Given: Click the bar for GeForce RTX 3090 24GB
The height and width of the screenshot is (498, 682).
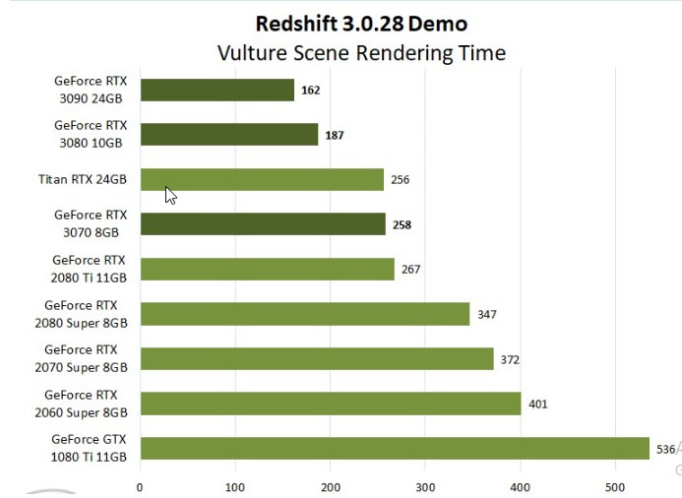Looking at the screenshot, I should (217, 91).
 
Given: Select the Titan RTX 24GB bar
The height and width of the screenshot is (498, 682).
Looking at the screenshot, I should (262, 179).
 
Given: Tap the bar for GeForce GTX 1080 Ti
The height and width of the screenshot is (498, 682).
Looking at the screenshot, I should (395, 449).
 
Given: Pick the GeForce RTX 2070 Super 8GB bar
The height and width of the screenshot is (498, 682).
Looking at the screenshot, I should (316, 359).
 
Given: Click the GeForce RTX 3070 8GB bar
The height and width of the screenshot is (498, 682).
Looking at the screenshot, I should (263, 224).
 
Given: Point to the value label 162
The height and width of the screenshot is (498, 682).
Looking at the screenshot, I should (311, 91).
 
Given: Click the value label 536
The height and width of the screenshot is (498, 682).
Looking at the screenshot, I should (665, 450).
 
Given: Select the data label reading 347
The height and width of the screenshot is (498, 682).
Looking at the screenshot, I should (486, 315).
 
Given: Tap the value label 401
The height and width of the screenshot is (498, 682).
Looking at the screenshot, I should (537, 405).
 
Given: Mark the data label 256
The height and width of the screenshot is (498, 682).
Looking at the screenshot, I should (400, 180).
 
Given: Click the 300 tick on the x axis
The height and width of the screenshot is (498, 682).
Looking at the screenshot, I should (425, 486).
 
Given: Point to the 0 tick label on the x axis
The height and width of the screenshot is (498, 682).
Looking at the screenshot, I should (140, 486).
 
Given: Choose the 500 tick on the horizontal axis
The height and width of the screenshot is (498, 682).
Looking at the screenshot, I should (615, 486).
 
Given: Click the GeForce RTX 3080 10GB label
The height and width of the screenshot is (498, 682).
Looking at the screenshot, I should (91, 134).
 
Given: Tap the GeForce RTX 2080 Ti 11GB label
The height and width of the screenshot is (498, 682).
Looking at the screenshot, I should (90, 269).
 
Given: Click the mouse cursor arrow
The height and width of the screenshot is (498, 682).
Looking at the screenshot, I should (170, 195).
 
